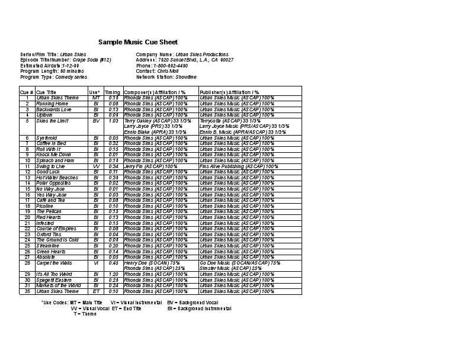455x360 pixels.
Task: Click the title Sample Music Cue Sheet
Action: [x=137, y=42]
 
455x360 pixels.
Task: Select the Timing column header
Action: [x=112, y=92]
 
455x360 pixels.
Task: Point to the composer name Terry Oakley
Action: [x=139, y=120]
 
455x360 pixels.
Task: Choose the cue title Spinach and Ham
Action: [x=55, y=160]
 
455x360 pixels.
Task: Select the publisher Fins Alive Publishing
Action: [x=223, y=166]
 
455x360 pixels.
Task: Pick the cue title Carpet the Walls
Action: [x=54, y=262]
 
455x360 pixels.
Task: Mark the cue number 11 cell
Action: [x=27, y=166]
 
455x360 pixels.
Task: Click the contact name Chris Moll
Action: [x=168, y=71]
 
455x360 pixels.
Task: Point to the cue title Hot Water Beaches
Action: [x=57, y=178]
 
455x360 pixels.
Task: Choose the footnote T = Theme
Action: [x=85, y=314]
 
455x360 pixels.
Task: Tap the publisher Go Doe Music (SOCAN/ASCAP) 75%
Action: [x=240, y=262]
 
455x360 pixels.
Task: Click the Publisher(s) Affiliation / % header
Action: [x=229, y=92]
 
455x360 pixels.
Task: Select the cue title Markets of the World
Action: [x=58, y=285]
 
